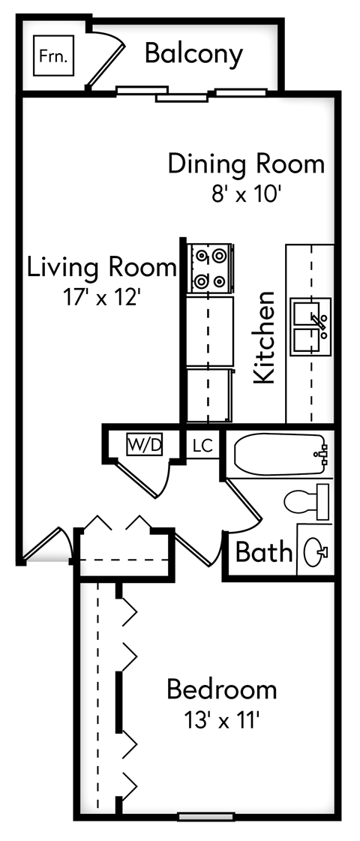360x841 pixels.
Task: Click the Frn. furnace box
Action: coord(54,56)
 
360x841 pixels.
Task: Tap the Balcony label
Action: coord(193,54)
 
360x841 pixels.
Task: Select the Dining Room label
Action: coord(246,163)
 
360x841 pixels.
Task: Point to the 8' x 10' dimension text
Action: coord(246,194)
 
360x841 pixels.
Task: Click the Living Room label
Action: coord(101,266)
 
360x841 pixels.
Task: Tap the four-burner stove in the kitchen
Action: coord(210,269)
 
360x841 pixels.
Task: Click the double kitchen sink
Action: coord(310,326)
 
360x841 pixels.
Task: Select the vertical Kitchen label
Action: coord(264,338)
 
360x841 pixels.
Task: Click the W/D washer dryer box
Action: coord(144,445)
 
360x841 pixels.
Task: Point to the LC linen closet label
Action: coord(202,446)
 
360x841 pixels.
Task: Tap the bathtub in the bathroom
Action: coord(279,454)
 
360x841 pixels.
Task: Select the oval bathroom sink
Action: coord(315,554)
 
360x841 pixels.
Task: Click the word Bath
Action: coord(263,552)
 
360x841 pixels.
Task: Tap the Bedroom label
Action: coord(221,688)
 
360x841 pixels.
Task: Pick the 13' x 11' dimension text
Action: coord(221,720)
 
